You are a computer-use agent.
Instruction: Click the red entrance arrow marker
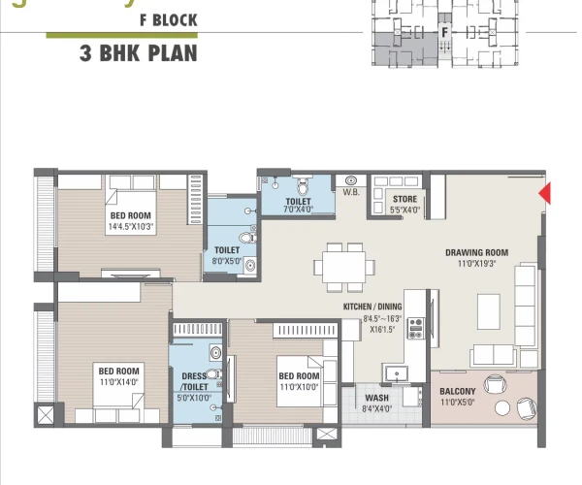point(545,194)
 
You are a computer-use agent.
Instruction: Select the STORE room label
point(405,199)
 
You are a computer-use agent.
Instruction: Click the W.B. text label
point(350,192)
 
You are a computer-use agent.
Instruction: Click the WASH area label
point(377,398)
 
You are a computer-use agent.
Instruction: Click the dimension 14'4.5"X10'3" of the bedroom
point(131,227)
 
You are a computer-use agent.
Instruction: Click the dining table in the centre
point(344,266)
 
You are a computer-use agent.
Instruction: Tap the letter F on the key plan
point(443,32)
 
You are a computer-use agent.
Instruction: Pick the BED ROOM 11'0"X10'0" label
point(299,381)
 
